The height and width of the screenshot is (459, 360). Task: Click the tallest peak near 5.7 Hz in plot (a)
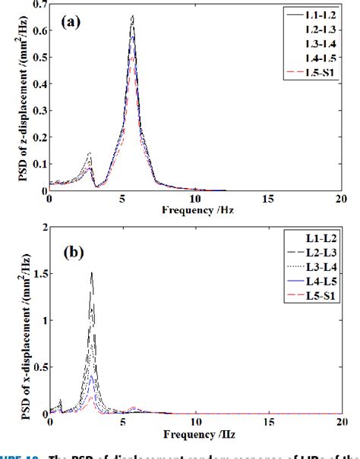click(x=132, y=16)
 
